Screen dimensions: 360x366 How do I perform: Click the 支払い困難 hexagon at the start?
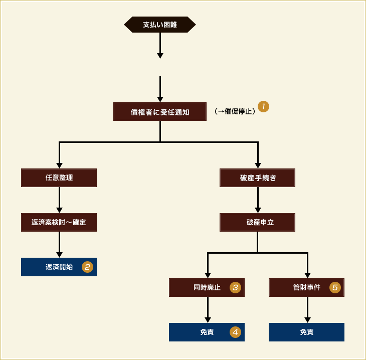point(160,24)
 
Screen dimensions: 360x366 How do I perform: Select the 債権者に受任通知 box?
point(160,112)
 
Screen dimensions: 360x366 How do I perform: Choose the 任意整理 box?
point(59,177)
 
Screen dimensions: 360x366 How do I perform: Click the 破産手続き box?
point(258,177)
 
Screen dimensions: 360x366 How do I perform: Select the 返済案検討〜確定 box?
point(59,222)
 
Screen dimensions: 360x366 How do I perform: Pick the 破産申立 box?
point(258,222)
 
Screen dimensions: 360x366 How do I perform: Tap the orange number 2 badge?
point(87,267)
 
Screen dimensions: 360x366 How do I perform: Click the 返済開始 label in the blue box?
point(59,267)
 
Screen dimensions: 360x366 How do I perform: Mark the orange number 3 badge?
point(235,287)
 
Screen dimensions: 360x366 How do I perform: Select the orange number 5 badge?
point(335,287)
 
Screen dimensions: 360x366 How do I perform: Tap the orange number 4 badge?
point(235,332)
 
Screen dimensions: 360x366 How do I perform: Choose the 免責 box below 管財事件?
point(307,332)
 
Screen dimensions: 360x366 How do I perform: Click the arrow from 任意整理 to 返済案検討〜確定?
point(59,200)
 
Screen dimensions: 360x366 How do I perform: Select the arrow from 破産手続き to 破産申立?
point(258,200)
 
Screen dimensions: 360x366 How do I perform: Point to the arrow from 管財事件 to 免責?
point(307,309)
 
